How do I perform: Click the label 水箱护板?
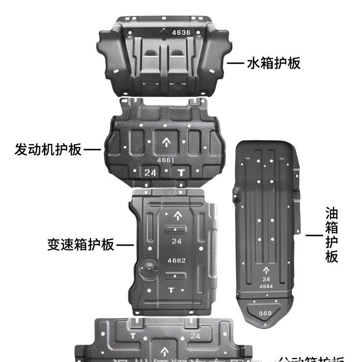point(273,63)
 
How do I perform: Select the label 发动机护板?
point(48,149)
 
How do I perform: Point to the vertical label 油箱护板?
point(331,235)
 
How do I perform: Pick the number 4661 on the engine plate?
point(165,160)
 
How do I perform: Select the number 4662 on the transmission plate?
point(177,261)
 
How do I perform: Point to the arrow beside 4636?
point(164,33)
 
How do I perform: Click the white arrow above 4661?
point(165,142)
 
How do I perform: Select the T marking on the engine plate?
point(181,172)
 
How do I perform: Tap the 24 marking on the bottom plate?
point(195,336)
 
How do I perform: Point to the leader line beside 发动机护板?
point(92,150)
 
